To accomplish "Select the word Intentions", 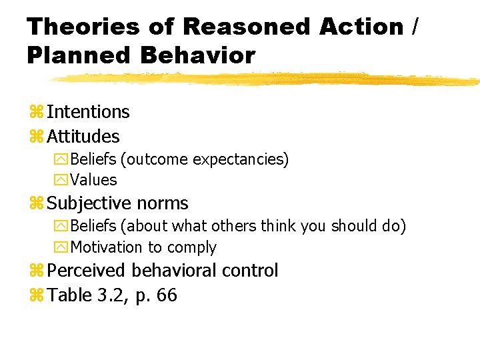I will point(88,112).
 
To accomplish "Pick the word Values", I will point(93,180).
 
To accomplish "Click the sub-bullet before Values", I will point(61,181).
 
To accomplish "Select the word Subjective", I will point(89,203).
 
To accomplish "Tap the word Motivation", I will point(107,247).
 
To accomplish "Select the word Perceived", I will point(87,271).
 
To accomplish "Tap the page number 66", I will point(166,295).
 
